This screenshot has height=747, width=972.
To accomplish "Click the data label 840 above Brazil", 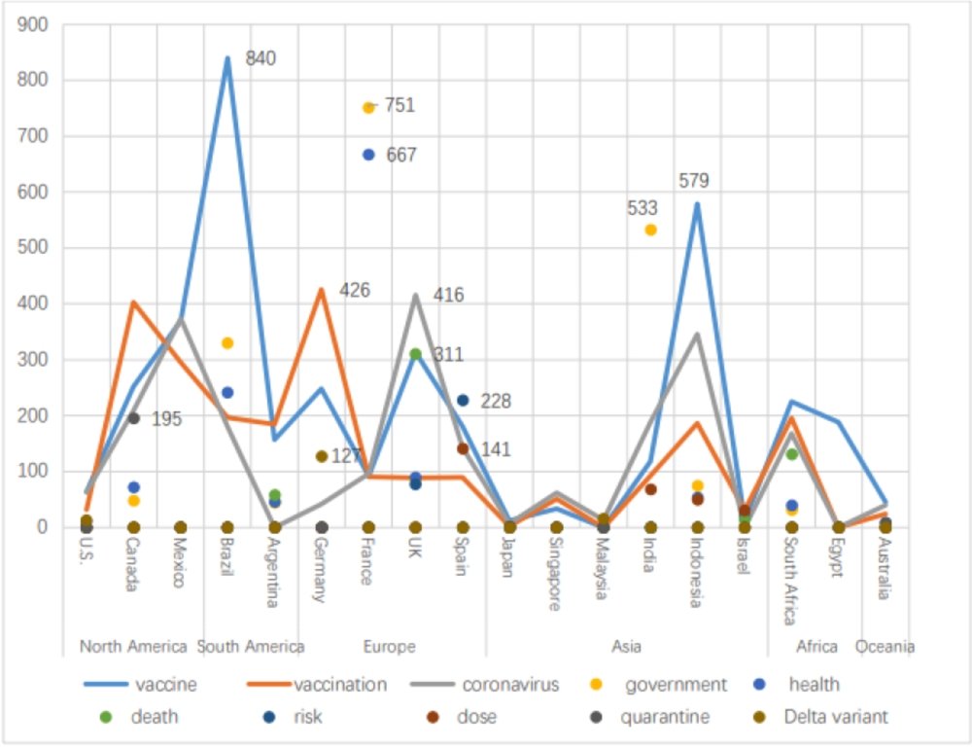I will coord(260,58).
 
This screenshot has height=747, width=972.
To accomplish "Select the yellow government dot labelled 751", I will coord(368,108).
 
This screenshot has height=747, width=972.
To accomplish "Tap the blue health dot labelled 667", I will coord(368,155).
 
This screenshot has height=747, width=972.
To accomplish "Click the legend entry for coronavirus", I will coord(510,685).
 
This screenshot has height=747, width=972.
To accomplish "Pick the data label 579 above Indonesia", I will coord(694,181).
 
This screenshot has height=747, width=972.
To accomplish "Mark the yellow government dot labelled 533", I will coord(651,230).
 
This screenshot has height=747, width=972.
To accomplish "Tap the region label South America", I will coord(251,647).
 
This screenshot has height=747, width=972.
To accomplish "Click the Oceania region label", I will coord(885,647).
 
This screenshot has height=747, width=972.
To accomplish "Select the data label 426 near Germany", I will coord(355,290).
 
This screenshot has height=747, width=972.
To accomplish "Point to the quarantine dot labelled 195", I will coord(134,418).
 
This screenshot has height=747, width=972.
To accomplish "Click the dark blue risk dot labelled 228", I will coord(463,401).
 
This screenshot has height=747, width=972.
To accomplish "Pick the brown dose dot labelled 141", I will coord(463,448).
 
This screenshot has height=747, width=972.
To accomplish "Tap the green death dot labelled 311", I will coord(415,354).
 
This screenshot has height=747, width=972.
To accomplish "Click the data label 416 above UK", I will coord(449,296).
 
